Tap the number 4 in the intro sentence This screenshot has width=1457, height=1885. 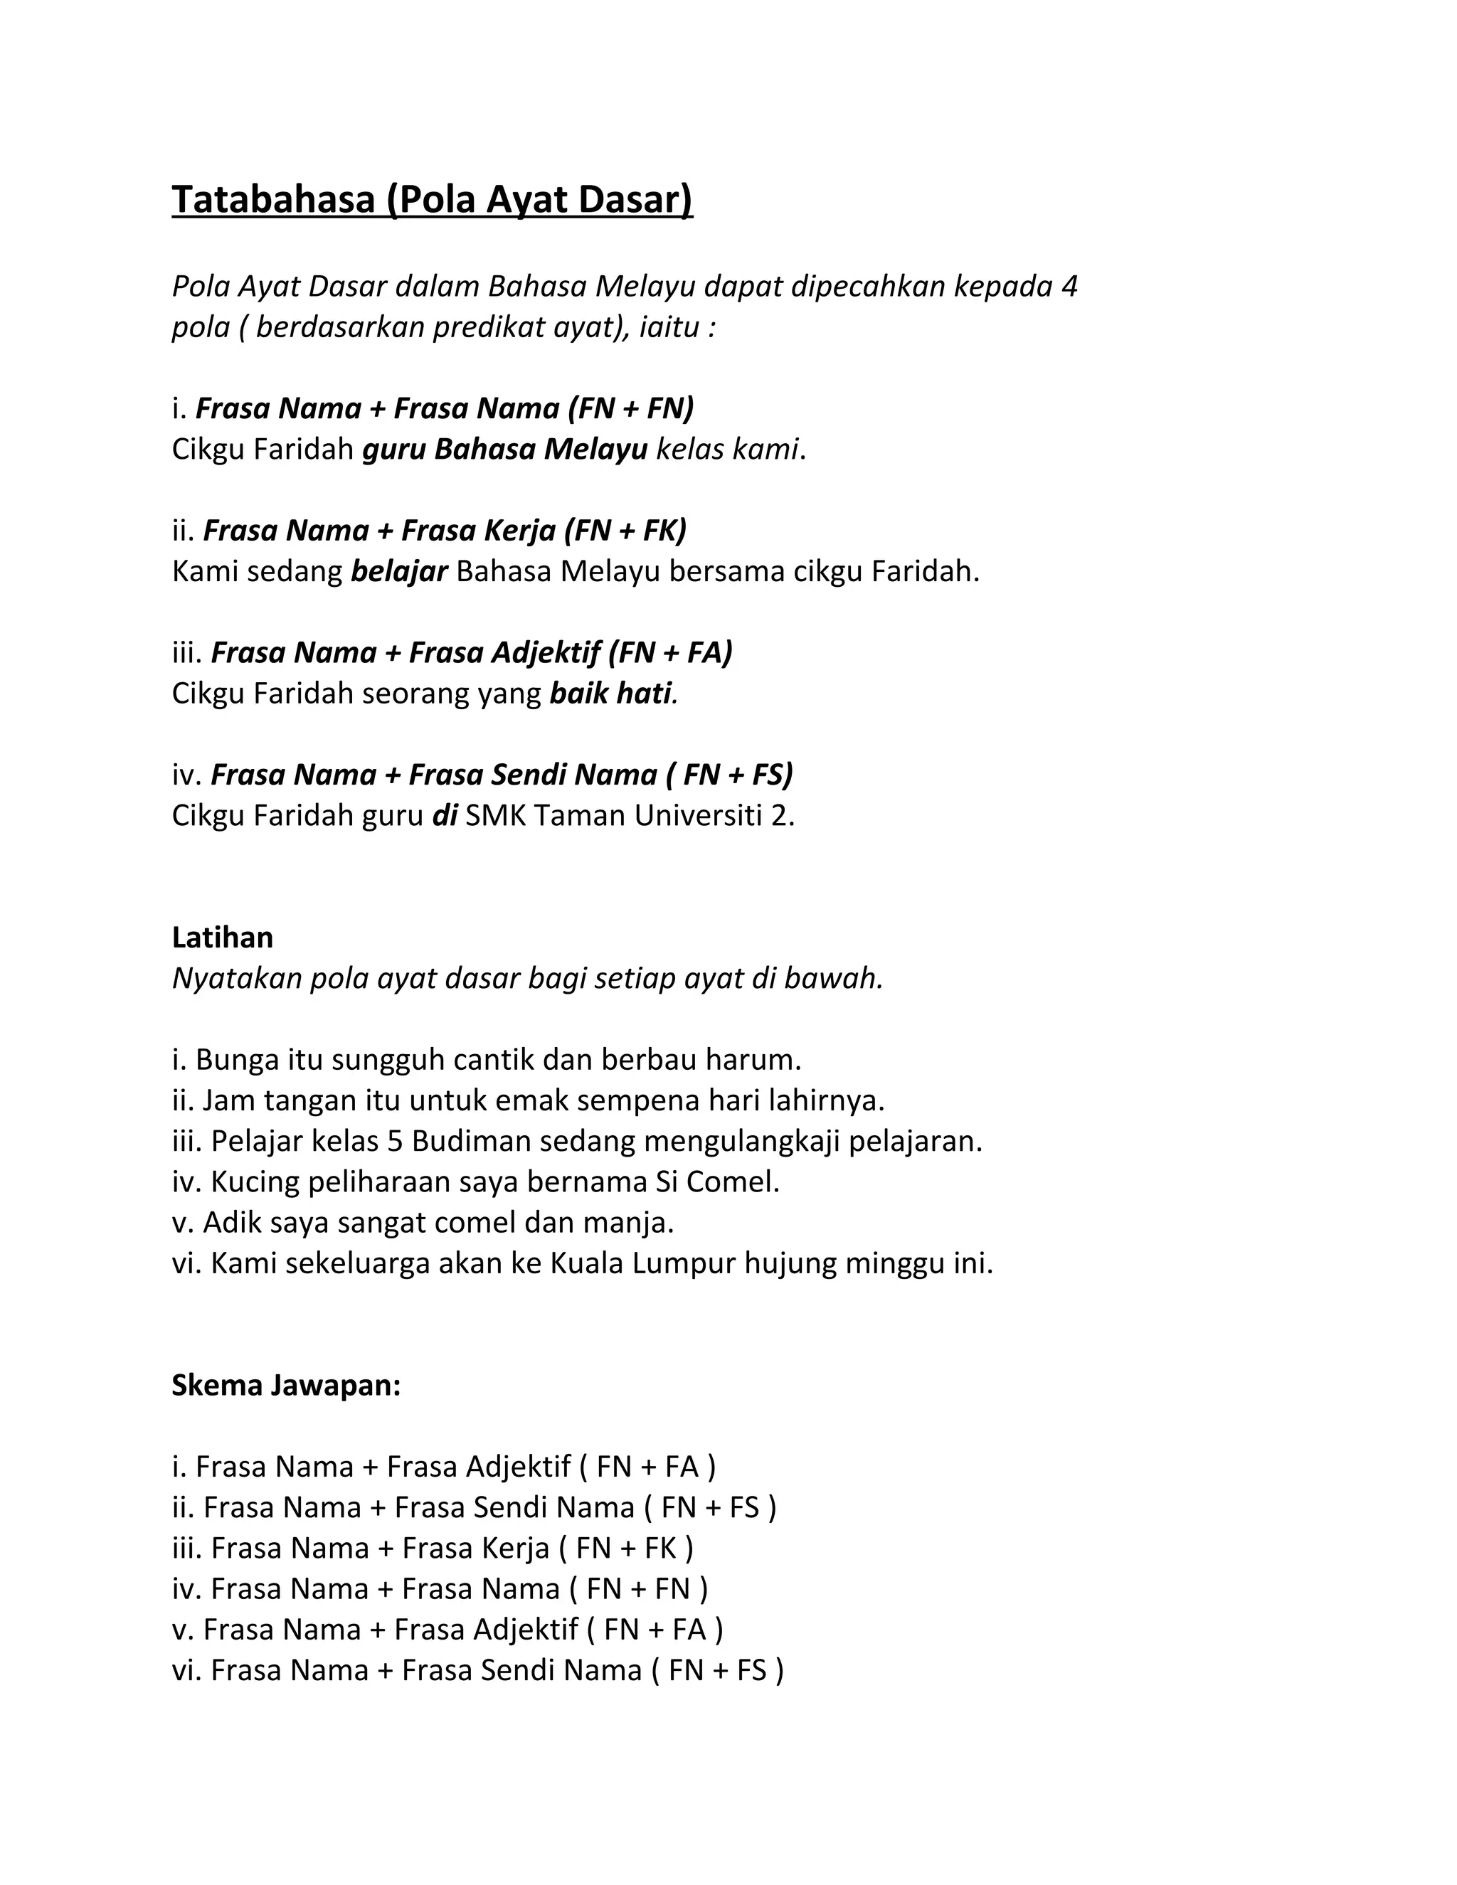(x=1069, y=287)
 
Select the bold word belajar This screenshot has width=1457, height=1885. (x=399, y=571)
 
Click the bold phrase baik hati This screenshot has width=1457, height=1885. (x=610, y=693)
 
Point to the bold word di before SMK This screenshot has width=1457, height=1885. (x=445, y=814)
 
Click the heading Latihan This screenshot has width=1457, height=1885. (x=223, y=937)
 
